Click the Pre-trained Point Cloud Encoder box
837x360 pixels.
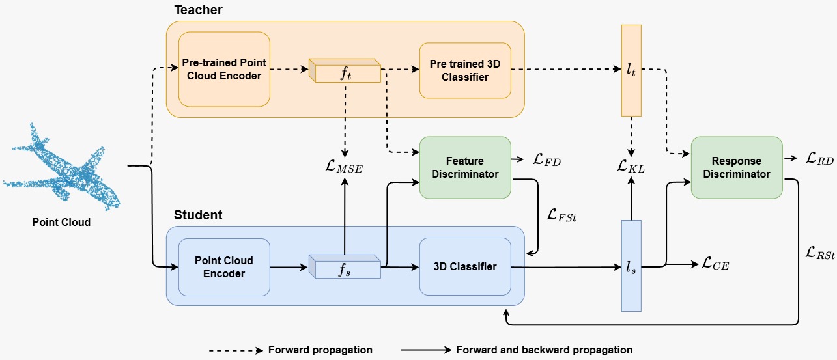click(224, 69)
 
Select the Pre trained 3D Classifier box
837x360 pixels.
click(464, 70)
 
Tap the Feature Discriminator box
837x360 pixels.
click(465, 167)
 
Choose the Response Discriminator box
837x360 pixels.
click(736, 167)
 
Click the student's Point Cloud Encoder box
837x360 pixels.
click(224, 267)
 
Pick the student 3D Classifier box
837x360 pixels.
click(464, 266)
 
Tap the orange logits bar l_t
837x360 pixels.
click(631, 70)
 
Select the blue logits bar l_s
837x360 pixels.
click(631, 266)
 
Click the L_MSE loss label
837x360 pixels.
click(343, 168)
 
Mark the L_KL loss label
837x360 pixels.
click(631, 167)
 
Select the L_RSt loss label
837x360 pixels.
click(819, 253)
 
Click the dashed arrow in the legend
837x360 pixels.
click(234, 350)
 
